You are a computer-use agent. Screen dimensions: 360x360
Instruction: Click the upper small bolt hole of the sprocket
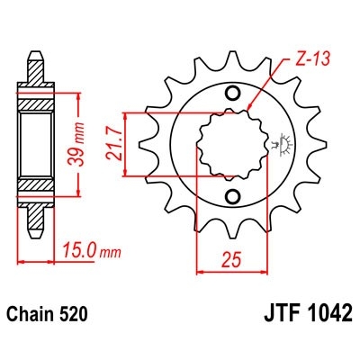click(233, 92)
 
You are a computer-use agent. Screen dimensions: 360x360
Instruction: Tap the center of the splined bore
click(231, 145)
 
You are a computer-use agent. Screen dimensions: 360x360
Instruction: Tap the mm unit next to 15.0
click(108, 252)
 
